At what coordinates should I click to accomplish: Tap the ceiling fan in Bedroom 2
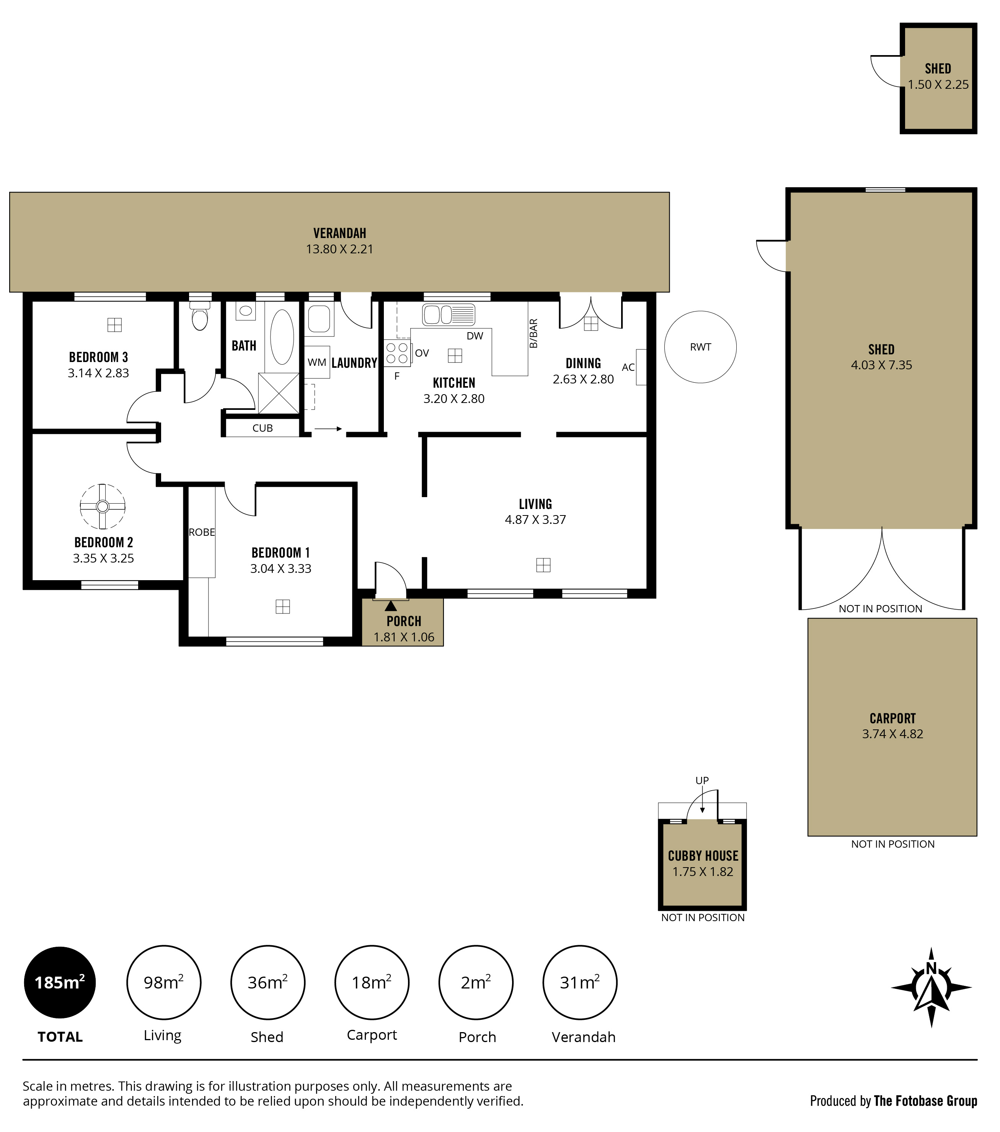pyautogui.click(x=103, y=507)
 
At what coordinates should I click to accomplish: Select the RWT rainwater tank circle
pyautogui.click(x=700, y=347)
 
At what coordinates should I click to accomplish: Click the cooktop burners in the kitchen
pyautogui.click(x=397, y=353)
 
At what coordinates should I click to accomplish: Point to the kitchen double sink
pyautogui.click(x=449, y=315)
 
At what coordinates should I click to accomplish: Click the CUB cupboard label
pyautogui.click(x=263, y=428)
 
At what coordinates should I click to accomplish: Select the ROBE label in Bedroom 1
pyautogui.click(x=202, y=532)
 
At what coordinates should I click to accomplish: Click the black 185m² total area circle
pyautogui.click(x=60, y=982)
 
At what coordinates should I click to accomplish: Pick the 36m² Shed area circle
pyautogui.click(x=268, y=982)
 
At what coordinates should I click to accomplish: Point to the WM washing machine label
pyautogui.click(x=317, y=362)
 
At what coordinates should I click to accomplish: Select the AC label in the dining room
pyautogui.click(x=628, y=367)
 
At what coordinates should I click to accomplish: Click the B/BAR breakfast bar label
pyautogui.click(x=533, y=333)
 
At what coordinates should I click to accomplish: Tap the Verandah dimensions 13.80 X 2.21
pyautogui.click(x=339, y=249)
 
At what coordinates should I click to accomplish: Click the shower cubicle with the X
pyautogui.click(x=279, y=393)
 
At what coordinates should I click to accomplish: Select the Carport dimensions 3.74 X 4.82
pyautogui.click(x=892, y=734)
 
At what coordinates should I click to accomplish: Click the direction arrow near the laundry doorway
pyautogui.click(x=328, y=429)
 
